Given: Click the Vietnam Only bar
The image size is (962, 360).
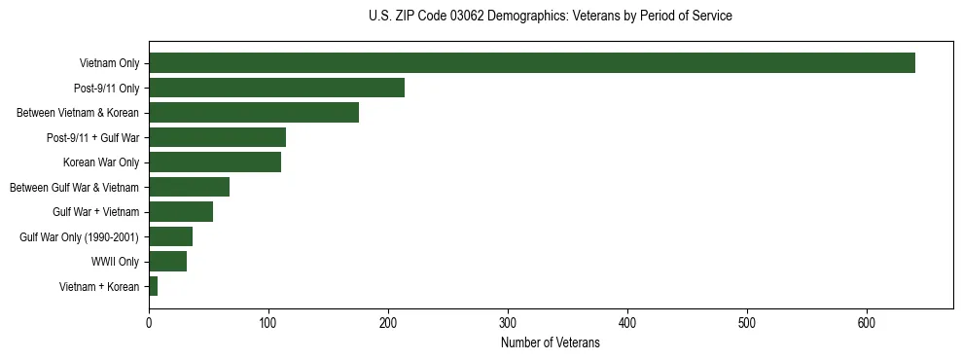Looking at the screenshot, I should pyautogui.click(x=532, y=63).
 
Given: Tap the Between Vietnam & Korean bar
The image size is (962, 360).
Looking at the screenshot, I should pyautogui.click(x=254, y=113).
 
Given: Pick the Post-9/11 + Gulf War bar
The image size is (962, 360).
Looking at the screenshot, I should pyautogui.click(x=217, y=137).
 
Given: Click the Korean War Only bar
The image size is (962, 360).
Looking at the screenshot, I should pyautogui.click(x=215, y=162).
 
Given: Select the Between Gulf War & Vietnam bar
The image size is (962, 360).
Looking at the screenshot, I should pyautogui.click(x=189, y=187).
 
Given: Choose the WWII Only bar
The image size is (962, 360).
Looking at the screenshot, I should pyautogui.click(x=167, y=262).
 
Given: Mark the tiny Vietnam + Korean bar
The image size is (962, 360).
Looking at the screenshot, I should pyautogui.click(x=153, y=286).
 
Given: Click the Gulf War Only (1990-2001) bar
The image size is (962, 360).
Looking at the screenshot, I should pyautogui.click(x=170, y=236).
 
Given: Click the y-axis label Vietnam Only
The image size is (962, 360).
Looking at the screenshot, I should pyautogui.click(x=109, y=64).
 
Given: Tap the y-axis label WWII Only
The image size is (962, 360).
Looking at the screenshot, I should pyautogui.click(x=115, y=262).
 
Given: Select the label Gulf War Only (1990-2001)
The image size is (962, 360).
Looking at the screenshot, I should pyautogui.click(x=80, y=237).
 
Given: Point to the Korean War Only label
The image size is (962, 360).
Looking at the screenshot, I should pyautogui.click(x=101, y=162).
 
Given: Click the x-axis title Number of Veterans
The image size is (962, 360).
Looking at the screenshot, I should pyautogui.click(x=550, y=343).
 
